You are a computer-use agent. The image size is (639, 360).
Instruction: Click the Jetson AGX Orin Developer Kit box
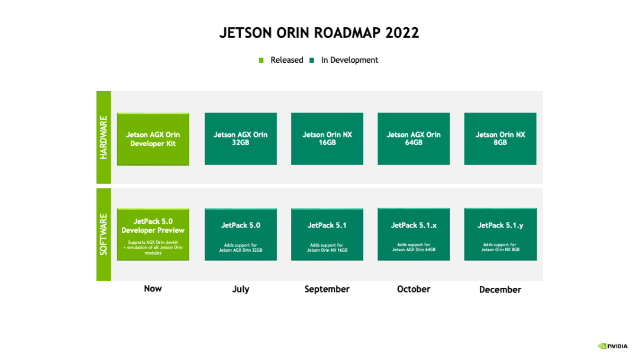153,139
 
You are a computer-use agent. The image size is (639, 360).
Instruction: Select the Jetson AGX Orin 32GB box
240,139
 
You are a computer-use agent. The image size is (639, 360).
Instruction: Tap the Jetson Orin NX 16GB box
327,139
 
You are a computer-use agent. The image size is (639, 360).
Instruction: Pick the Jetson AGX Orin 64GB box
414,139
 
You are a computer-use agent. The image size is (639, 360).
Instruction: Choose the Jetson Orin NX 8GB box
500,139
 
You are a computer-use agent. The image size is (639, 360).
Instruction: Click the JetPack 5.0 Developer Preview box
153,234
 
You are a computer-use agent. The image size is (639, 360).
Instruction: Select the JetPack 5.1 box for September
327,234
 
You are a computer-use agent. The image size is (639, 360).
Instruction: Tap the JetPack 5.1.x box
414,234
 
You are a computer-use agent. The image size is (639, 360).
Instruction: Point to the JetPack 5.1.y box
500,234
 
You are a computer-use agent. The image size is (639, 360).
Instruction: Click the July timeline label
240,289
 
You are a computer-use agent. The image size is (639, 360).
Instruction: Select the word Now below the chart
153,288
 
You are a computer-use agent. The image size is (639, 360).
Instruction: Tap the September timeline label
327,289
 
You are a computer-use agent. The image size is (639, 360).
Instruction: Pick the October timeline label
414,289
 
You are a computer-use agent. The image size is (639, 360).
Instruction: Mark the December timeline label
500,290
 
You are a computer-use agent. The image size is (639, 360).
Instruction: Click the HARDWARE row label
104,137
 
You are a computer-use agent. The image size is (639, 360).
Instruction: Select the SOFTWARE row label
104,234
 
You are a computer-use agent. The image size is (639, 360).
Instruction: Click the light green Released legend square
262,60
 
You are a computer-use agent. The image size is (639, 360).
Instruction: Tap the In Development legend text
350,60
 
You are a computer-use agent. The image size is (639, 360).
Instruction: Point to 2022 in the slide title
402,33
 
